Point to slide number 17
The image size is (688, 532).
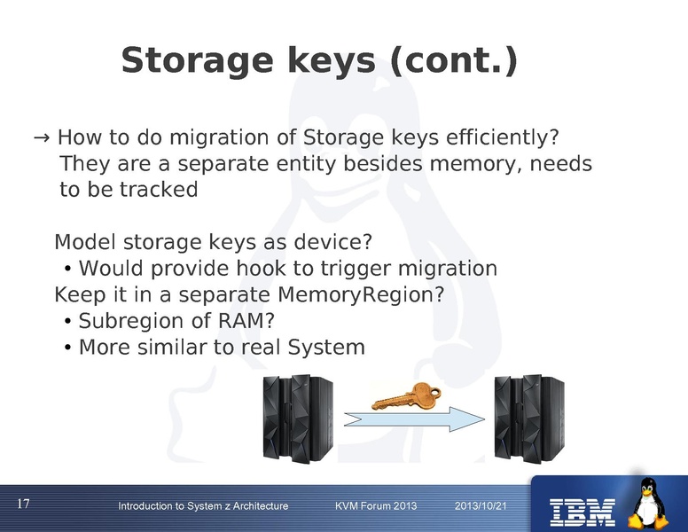(x=24, y=505)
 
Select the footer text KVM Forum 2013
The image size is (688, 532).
(x=376, y=506)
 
